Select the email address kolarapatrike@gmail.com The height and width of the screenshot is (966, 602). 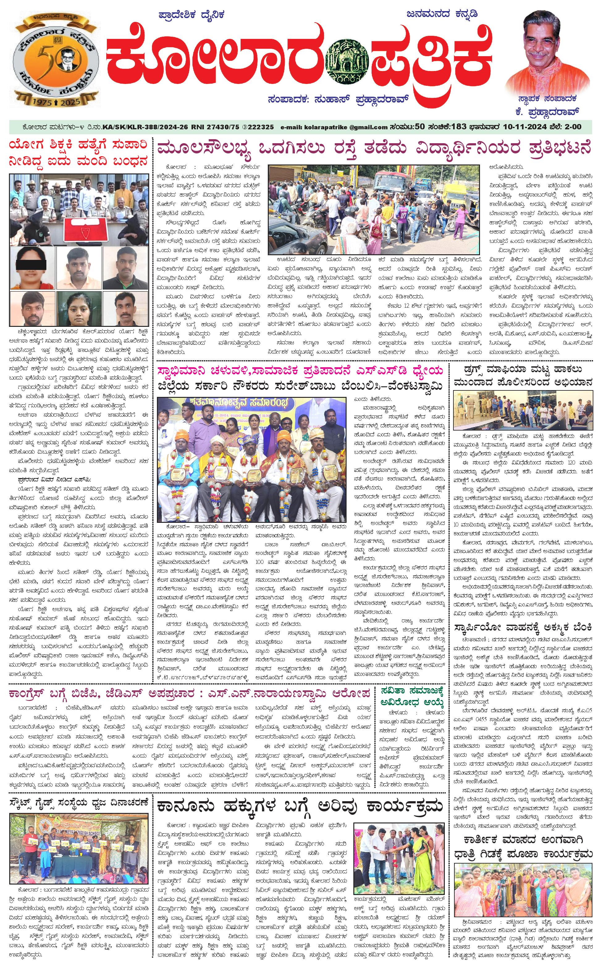point(334,127)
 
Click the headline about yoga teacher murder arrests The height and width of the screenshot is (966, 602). point(78,153)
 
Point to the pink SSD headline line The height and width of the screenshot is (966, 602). point(300,371)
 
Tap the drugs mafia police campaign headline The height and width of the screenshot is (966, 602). point(523,376)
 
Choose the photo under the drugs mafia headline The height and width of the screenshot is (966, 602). point(523,410)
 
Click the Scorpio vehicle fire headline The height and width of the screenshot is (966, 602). point(523,628)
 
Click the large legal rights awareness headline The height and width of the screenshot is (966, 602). point(300,805)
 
